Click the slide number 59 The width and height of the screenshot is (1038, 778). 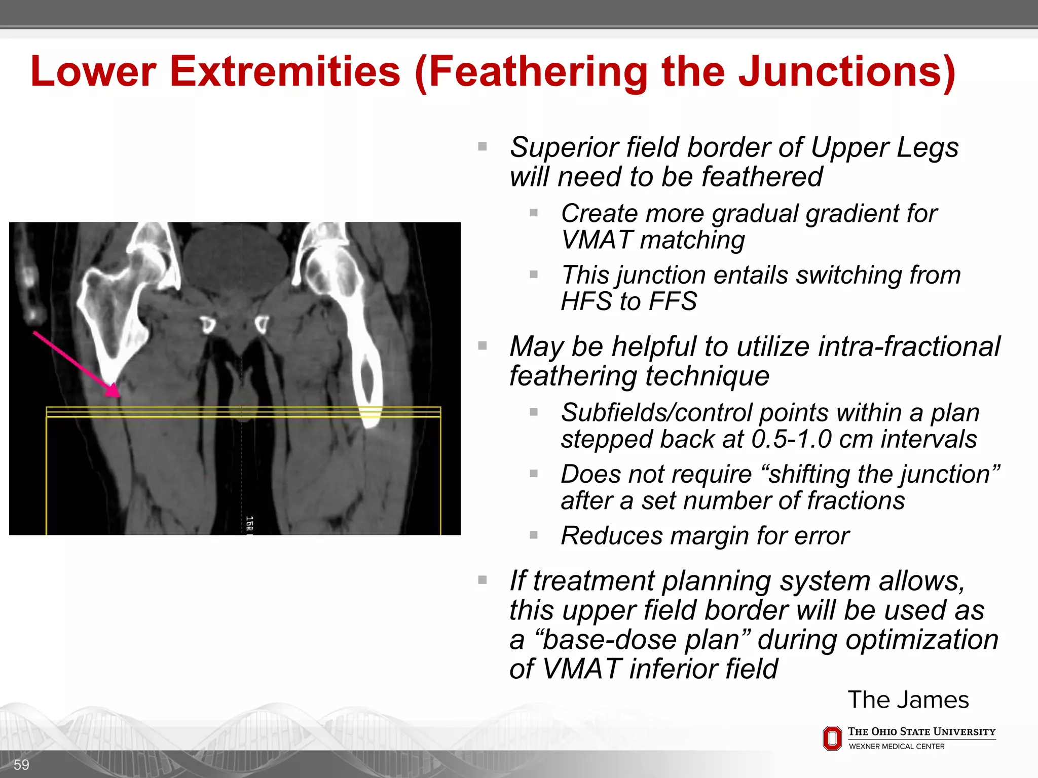pos(21,765)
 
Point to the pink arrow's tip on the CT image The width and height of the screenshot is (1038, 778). pos(118,395)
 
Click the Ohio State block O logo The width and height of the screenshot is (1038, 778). pos(832,738)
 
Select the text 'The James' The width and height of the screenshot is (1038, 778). pos(908,700)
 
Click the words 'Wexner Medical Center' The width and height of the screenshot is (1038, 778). pos(897,747)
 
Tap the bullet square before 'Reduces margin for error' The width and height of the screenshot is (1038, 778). pos(534,535)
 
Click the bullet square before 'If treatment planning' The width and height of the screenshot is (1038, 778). pos(483,579)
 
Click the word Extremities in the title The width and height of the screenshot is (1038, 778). pos(285,72)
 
